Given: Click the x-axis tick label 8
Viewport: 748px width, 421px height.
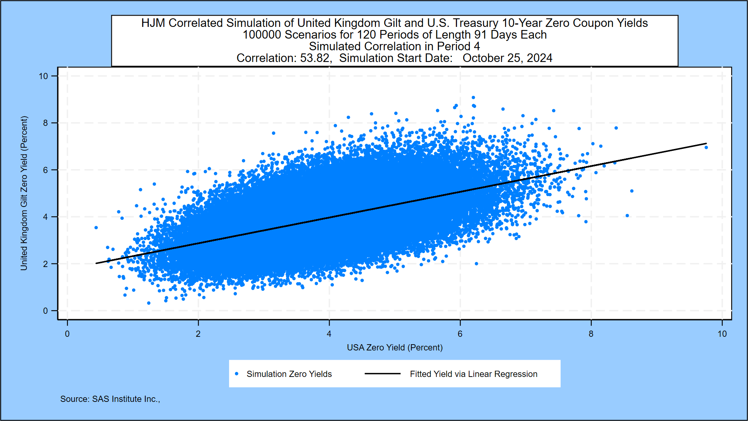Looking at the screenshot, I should [x=591, y=334].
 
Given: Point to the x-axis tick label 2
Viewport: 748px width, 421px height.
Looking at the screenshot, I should [x=198, y=334].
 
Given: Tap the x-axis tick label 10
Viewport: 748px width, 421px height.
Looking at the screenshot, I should [x=722, y=334].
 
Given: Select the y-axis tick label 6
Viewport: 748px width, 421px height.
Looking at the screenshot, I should [x=46, y=170].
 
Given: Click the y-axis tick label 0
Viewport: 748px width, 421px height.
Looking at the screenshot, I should [x=46, y=311].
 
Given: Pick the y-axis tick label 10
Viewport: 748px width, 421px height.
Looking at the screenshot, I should [x=44, y=76].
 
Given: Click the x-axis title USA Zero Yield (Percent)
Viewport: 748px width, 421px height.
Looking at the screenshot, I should [x=395, y=347].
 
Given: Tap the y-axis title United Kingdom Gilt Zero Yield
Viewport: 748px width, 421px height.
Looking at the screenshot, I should [x=24, y=193].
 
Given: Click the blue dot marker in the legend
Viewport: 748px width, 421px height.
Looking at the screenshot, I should [x=236, y=374].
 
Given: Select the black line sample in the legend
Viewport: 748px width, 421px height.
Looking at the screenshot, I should [x=383, y=374].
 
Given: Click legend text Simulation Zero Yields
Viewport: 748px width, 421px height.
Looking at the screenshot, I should [x=289, y=374].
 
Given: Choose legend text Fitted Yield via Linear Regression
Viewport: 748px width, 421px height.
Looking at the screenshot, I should [x=473, y=374].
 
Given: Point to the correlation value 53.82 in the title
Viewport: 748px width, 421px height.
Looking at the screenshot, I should [x=316, y=58].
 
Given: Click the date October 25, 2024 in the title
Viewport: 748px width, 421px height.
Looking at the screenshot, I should [x=507, y=58].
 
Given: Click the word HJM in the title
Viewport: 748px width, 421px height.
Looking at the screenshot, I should [x=153, y=23].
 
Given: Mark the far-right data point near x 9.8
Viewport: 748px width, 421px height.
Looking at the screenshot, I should [x=706, y=147].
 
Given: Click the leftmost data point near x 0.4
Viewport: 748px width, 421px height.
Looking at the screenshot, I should [x=96, y=228].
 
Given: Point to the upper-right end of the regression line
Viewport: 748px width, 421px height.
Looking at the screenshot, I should [x=706, y=143].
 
